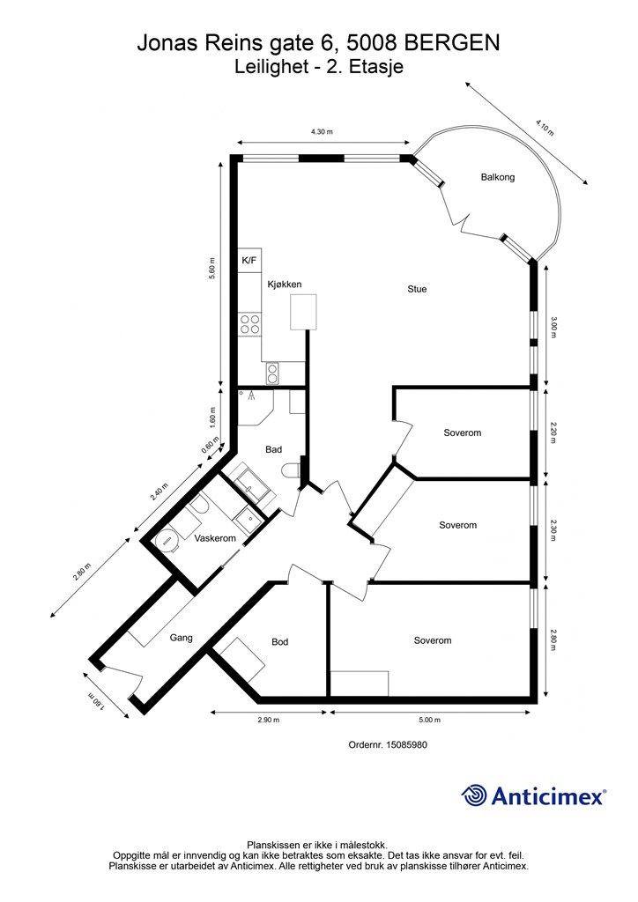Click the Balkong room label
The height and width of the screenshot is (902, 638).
(498, 177)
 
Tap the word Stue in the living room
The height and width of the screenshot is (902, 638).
(417, 289)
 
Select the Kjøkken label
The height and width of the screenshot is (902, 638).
(285, 285)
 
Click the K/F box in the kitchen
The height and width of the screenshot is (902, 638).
(249, 261)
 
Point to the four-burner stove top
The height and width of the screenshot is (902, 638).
(249, 324)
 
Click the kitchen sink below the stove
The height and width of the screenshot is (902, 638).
(272, 373)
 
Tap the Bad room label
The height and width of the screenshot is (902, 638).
(273, 449)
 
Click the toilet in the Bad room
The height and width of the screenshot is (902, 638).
(291, 470)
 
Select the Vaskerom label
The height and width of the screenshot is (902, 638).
(215, 538)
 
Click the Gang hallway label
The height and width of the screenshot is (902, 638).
(181, 638)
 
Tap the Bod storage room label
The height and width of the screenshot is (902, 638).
(279, 641)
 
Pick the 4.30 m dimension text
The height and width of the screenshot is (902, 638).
(323, 132)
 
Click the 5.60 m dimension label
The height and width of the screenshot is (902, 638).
(211, 268)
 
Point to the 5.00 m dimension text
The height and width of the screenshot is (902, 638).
(429, 720)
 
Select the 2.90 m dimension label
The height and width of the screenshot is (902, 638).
(268, 720)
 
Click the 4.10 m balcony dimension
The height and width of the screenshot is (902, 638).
(545, 127)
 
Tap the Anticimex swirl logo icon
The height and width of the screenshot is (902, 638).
(474, 796)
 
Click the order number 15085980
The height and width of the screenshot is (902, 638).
(407, 744)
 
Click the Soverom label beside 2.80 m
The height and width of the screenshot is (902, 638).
(433, 640)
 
